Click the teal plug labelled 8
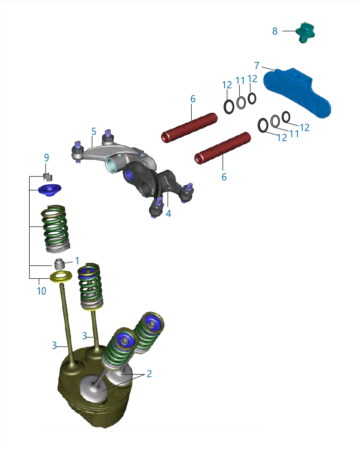pyautogui.click(x=305, y=32)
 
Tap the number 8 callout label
pyautogui.click(x=275, y=31)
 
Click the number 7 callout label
pyautogui.click(x=256, y=66)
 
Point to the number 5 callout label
pyautogui.click(x=93, y=131)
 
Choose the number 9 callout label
pyautogui.click(x=46, y=157)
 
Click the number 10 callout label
pyautogui.click(x=42, y=291)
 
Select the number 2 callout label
pyautogui.click(x=149, y=373)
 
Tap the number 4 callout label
pyautogui.click(x=168, y=214)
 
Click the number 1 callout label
pyautogui.click(x=77, y=261)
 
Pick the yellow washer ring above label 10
pyautogui.click(x=61, y=276)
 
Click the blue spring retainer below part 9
pyautogui.click(x=50, y=190)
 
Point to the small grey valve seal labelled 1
pyautogui.click(x=59, y=263)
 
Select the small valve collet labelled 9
pyautogui.click(x=47, y=176)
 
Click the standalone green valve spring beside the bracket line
pyautogui.click(x=56, y=228)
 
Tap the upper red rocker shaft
pyautogui.click(x=189, y=128)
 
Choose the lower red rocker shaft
pyautogui.click(x=222, y=148)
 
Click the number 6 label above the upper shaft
pyautogui.click(x=193, y=99)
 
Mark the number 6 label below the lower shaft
pyautogui.click(x=224, y=177)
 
